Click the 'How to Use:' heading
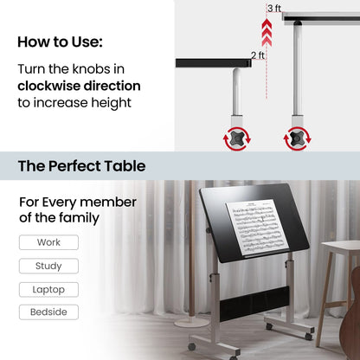(x=60, y=42)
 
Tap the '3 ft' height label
(x=274, y=8)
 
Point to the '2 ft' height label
(x=258, y=55)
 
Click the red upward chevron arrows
(x=267, y=32)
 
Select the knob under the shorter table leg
(x=237, y=139)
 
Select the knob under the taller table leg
(x=298, y=139)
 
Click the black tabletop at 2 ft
(x=214, y=63)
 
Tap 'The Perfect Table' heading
(x=81, y=166)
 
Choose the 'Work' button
(x=48, y=242)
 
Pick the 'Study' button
(x=48, y=266)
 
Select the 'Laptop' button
(x=48, y=289)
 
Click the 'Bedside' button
(x=48, y=312)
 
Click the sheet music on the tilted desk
(x=257, y=228)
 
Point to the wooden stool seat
(x=340, y=247)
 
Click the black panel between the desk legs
(x=254, y=304)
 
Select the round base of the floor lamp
(x=191, y=323)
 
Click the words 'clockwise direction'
(x=79, y=86)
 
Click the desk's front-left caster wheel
(x=192, y=347)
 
